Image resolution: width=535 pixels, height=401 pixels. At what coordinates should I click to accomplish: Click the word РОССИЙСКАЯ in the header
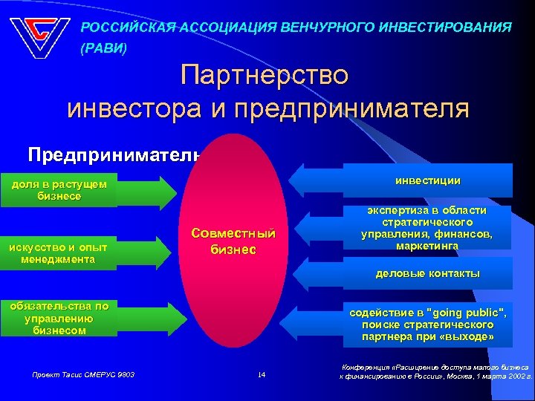pyautogui.click(x=126, y=27)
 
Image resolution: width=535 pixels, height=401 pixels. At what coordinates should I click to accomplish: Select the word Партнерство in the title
pyautogui.click(x=264, y=76)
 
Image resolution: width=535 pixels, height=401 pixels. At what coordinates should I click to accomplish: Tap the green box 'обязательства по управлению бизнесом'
pyautogui.click(x=59, y=318)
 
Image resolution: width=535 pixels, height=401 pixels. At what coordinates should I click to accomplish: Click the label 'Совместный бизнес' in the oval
pyautogui.click(x=237, y=241)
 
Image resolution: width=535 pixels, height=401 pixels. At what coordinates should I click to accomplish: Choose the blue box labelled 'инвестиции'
pyautogui.click(x=427, y=180)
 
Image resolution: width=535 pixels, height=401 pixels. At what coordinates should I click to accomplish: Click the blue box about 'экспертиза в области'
pyautogui.click(x=427, y=228)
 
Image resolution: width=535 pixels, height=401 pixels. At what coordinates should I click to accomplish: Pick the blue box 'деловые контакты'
pyautogui.click(x=427, y=273)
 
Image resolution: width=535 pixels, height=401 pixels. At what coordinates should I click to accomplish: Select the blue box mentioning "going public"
pyautogui.click(x=427, y=325)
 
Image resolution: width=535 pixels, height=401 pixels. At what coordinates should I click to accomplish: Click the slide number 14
pyautogui.click(x=261, y=375)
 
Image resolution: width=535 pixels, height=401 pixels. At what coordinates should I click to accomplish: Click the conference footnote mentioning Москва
pyautogui.click(x=435, y=371)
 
